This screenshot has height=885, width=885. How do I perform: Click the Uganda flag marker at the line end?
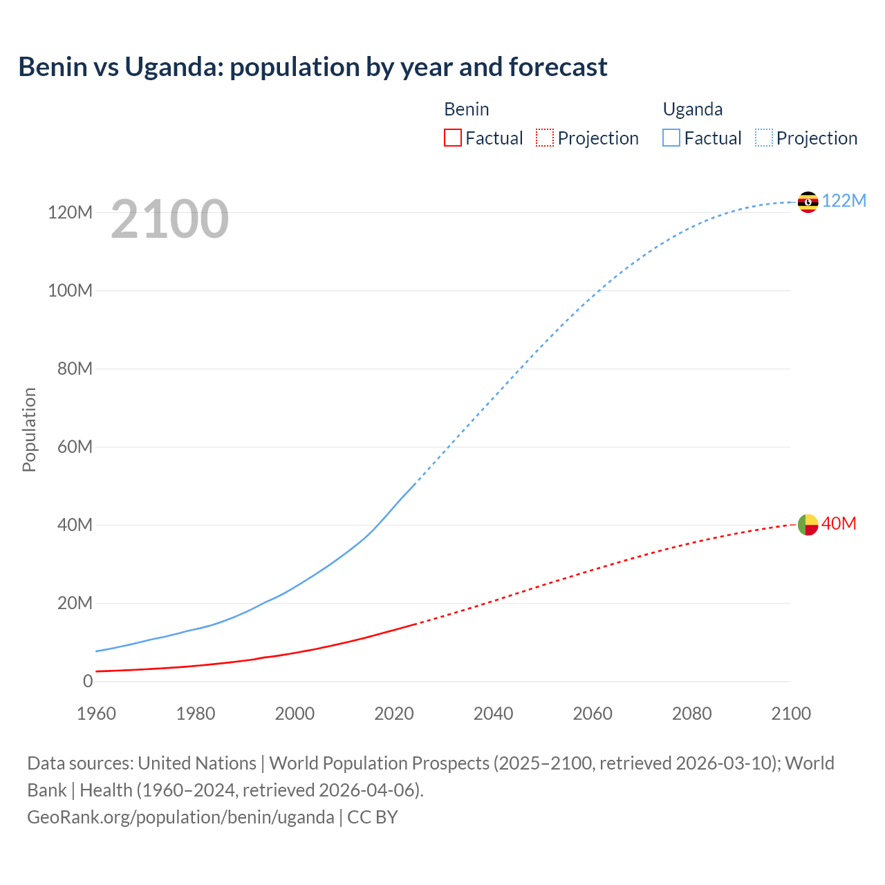[x=808, y=202]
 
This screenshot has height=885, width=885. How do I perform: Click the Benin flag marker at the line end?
[x=808, y=525]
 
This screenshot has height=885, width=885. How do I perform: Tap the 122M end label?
[x=844, y=201]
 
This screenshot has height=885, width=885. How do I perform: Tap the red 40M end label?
[x=839, y=524]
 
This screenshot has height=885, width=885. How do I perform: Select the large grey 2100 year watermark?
[x=169, y=219]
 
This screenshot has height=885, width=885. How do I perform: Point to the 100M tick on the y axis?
[x=70, y=290]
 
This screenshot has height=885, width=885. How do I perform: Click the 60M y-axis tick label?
[x=75, y=447]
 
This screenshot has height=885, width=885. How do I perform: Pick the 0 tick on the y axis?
[x=88, y=681]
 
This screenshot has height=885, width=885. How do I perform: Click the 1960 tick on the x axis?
[x=97, y=714]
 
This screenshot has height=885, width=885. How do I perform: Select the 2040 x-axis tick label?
[x=493, y=714]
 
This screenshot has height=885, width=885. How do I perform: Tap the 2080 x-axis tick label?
[x=691, y=714]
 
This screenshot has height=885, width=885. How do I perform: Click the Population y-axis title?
[x=29, y=429]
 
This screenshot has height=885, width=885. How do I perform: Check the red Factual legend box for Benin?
[x=453, y=138]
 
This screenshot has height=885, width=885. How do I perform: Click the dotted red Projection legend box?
[x=545, y=138]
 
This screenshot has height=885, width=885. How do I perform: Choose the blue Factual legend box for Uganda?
[x=671, y=138]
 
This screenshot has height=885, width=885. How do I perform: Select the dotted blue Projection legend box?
[x=764, y=138]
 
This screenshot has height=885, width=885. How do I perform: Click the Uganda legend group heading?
[x=693, y=109]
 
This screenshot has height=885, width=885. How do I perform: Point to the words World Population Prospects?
[x=379, y=763]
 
